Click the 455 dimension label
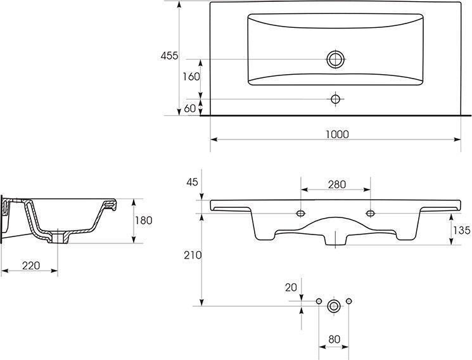tap(169, 56)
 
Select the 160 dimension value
tap(191, 77)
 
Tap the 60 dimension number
tap(189, 108)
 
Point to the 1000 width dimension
tap(337, 134)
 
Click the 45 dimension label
tap(193, 182)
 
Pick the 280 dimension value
tap(337, 184)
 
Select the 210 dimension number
tap(193, 255)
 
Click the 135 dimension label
tap(462, 231)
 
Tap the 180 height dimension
tap(144, 221)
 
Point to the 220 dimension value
tap(31, 266)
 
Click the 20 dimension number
tap(291, 288)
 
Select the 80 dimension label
tap(334, 340)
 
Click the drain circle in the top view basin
tap(335, 60)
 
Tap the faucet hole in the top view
tap(335, 99)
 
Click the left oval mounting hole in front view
tap(301, 214)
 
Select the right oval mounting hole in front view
tap(370, 214)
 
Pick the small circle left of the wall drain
tap(319, 301)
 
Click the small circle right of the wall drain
tap(349, 301)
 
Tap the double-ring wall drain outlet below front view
tap(334, 306)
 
